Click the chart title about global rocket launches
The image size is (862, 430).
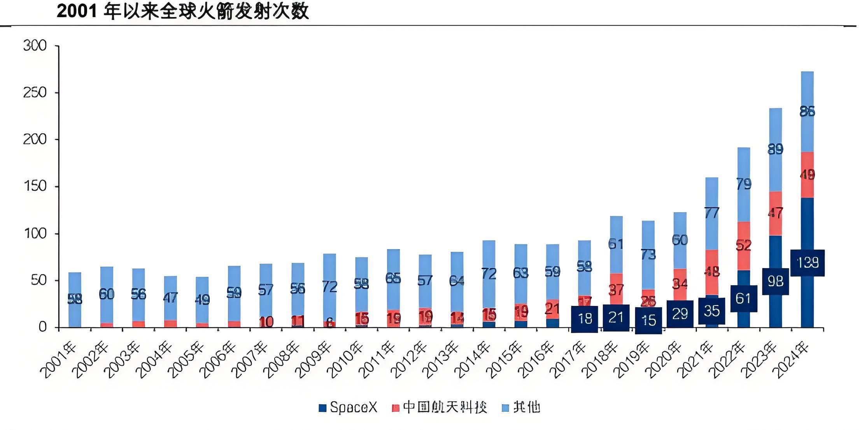coord(183,11)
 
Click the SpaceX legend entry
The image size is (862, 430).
coord(348,407)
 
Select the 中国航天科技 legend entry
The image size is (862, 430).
coord(440,407)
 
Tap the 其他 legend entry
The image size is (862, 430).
coord(521,407)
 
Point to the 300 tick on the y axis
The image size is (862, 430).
coord(35,46)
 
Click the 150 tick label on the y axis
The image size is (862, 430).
coord(35,186)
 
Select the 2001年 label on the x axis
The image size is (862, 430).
coord(58,360)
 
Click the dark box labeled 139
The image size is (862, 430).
coord(808,263)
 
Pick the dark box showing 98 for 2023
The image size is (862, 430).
coord(775,281)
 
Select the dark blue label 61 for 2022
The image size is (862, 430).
coord(743,298)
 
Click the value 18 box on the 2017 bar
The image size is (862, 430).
coord(584,319)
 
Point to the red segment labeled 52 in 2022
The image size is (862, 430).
coord(744,246)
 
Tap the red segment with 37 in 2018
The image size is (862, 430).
coord(616,289)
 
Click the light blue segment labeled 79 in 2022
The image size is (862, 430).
coord(744,184)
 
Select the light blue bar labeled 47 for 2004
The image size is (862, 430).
coord(170,298)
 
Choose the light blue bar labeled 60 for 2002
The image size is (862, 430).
coord(107,294)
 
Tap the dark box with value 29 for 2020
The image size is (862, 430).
coord(680,314)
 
